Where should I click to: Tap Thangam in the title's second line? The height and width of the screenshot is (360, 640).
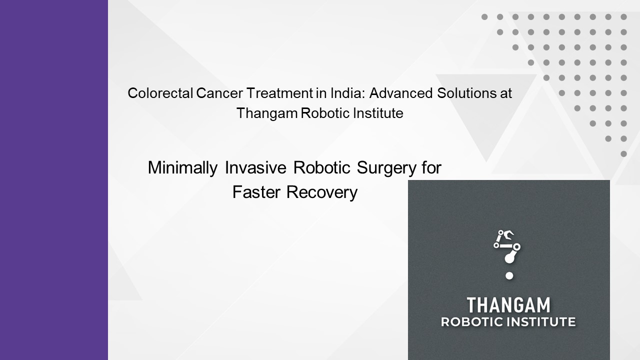point(267,113)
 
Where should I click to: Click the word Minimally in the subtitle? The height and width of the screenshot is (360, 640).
point(182,168)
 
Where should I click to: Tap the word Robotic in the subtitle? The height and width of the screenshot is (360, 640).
point(322,168)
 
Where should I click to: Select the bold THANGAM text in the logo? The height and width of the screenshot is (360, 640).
point(508,305)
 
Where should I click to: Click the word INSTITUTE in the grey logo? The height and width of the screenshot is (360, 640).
point(541,322)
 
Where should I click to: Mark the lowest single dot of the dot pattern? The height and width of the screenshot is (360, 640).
point(623,154)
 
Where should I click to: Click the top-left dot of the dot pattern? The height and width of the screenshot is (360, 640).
point(484,17)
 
